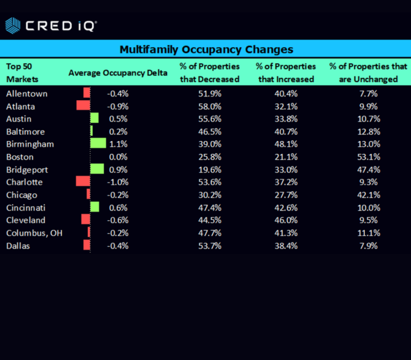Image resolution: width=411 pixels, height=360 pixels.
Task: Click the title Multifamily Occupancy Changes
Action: tap(206, 49)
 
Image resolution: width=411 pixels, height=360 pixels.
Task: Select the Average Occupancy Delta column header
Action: tap(118, 73)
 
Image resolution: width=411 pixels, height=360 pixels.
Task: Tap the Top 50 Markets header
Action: tap(22, 73)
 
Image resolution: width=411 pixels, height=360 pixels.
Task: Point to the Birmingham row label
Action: tap(30, 144)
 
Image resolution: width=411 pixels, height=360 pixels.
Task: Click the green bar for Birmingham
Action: tap(98, 143)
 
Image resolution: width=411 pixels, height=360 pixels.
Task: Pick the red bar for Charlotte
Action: tap(83, 182)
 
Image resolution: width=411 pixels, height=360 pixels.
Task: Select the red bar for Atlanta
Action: tap(83, 106)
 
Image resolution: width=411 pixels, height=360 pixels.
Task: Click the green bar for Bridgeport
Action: tap(97, 169)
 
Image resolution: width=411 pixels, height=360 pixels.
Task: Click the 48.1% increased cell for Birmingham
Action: tap(286, 144)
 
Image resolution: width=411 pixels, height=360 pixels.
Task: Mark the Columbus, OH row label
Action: tap(34, 233)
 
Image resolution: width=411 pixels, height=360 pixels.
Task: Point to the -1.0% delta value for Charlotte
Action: tap(118, 182)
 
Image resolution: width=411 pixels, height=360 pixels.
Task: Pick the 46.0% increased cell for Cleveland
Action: tap(286, 220)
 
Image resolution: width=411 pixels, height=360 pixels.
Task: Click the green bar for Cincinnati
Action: tap(94, 207)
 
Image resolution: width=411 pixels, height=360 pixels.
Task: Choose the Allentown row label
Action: tap(27, 93)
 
